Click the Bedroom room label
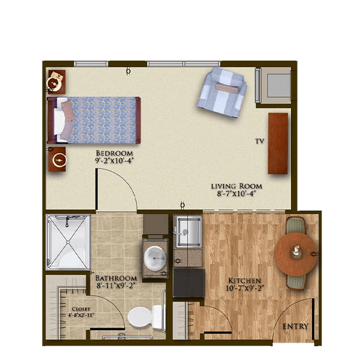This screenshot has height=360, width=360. point(114,153)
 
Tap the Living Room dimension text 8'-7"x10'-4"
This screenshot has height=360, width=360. point(236,194)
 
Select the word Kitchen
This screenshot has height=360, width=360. point(245,281)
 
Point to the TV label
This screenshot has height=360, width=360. point(260,142)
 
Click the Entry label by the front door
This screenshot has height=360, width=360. point(295,326)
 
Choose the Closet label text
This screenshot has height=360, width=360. point(81,309)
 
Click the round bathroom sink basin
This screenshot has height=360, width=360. point(155,258)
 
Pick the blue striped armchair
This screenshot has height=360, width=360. point(222,93)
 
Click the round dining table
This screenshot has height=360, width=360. point(296,254)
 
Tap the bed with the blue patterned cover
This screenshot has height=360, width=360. point(94,121)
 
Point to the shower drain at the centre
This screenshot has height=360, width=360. point(68,242)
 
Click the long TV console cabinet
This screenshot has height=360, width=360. point(278,143)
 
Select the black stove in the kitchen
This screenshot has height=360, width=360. point(189,283)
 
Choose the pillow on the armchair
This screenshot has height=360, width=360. point(226,88)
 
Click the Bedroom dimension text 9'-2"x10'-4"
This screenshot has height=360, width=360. point(114,160)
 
